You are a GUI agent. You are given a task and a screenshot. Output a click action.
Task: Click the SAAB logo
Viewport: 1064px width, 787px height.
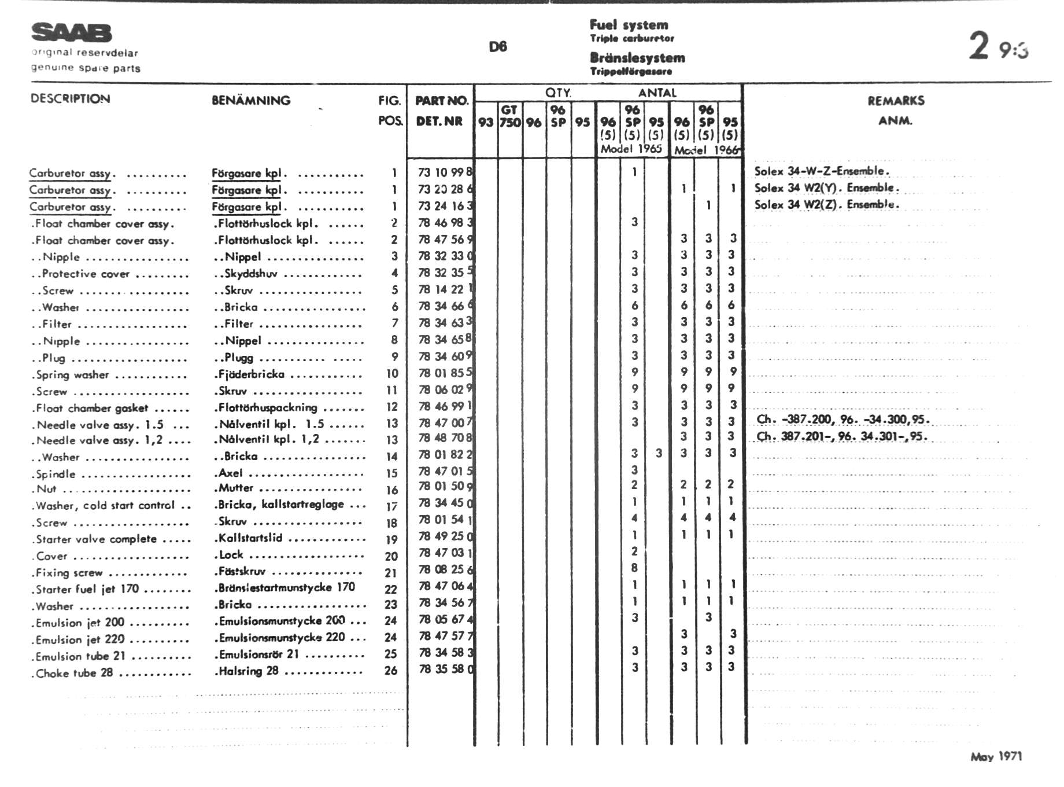pos(71,33)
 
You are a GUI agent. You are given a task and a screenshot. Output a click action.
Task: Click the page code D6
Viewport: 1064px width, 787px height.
pos(497,47)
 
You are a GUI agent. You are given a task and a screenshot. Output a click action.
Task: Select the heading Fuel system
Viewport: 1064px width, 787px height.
pos(629,25)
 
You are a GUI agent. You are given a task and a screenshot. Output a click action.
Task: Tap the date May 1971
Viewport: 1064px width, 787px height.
pos(996,756)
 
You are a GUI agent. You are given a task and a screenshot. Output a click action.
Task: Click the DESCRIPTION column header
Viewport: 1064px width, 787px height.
pos(70,98)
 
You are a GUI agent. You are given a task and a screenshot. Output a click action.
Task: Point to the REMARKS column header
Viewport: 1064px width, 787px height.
pos(895,101)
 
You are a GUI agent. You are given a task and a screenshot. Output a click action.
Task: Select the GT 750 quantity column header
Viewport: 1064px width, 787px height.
pos(509,116)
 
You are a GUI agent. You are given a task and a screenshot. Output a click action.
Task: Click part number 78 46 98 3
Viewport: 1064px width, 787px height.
pos(445,223)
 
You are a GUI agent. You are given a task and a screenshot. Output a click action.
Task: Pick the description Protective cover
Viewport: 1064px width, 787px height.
pos(86,274)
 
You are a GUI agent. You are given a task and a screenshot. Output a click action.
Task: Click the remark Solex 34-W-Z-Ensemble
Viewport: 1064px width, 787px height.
pos(821,171)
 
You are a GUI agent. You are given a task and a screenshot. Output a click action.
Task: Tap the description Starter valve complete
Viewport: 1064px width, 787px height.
pos(96,539)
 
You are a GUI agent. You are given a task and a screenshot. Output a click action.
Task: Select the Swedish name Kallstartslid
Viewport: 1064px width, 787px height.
pos(250,538)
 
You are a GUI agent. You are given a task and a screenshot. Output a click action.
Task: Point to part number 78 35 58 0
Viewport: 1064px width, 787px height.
pos(445,670)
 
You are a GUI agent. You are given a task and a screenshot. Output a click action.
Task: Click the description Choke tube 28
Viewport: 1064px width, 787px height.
pos(74,673)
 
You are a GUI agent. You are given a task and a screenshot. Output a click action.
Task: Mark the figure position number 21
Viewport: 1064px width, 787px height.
pos(391,573)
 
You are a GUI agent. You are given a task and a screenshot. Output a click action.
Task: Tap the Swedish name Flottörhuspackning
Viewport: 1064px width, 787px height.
pos(268,407)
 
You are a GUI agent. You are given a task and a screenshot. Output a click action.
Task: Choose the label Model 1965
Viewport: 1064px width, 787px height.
pos(631,149)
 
